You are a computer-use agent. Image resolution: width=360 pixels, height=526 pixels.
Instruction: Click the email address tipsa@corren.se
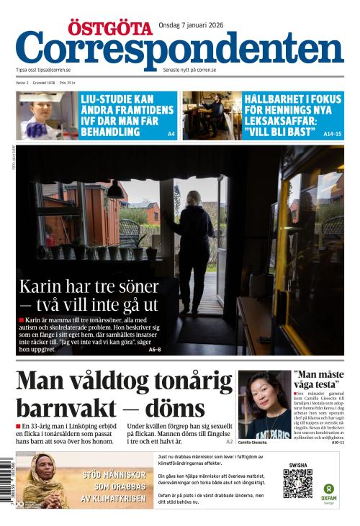54,70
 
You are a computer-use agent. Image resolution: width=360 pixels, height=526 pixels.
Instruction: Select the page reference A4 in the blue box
171,134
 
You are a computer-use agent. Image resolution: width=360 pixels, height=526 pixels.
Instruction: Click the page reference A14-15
333,134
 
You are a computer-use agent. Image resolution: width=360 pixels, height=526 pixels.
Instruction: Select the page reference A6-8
155,350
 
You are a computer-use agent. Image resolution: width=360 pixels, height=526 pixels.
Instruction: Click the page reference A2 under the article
230,441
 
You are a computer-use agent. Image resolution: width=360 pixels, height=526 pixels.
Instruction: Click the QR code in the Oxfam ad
297,484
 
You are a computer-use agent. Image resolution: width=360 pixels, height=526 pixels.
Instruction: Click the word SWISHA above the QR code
297,466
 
